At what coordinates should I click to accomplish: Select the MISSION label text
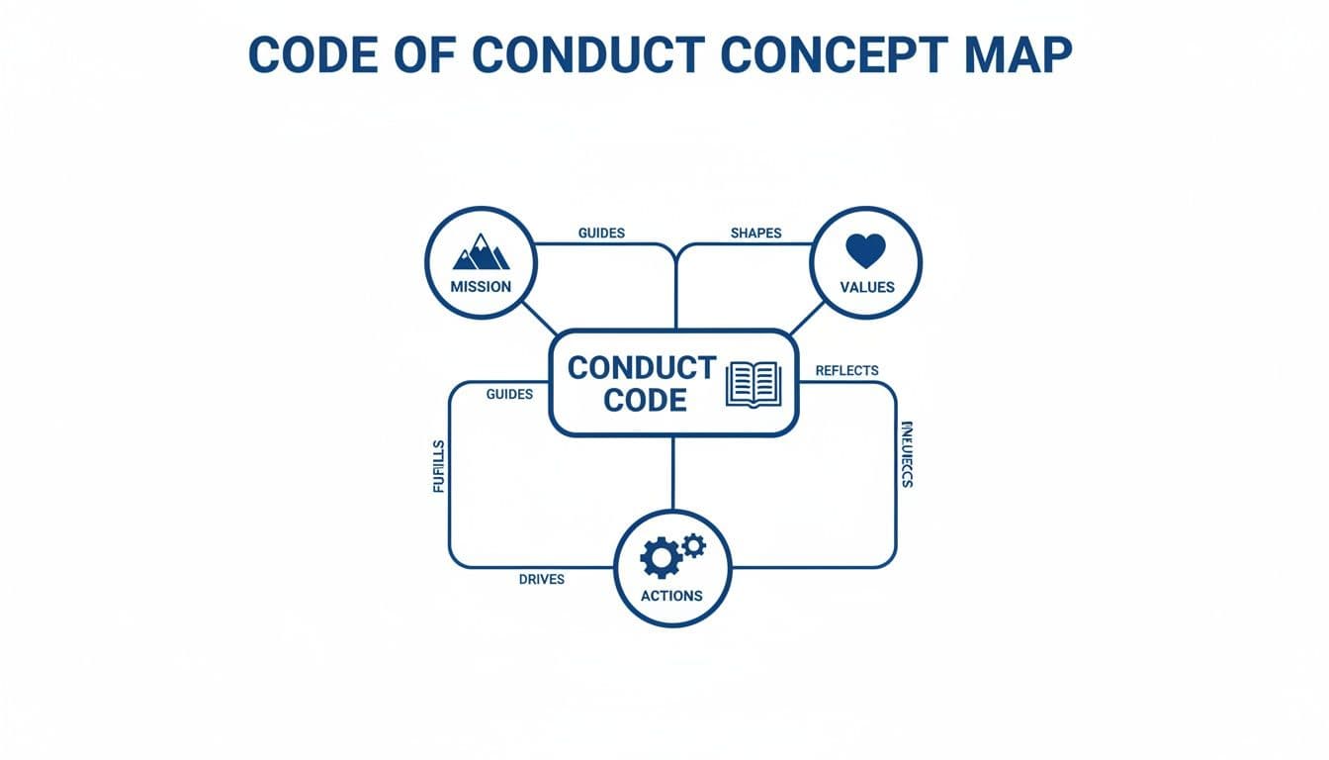481,287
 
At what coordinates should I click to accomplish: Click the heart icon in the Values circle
865,250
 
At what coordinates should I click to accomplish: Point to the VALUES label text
866,287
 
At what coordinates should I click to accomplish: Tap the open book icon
753,384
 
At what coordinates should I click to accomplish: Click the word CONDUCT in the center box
641,368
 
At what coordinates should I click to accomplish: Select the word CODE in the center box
645,401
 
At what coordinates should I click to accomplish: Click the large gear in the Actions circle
659,559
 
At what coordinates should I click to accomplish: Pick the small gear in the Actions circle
694,544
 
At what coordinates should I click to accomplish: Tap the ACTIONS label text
671,596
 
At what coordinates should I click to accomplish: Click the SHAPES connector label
755,234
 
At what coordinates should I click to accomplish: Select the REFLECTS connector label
846,371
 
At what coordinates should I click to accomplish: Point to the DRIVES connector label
541,579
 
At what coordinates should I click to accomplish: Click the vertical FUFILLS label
439,467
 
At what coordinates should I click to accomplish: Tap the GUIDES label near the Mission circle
601,234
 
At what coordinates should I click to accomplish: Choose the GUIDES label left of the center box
509,394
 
